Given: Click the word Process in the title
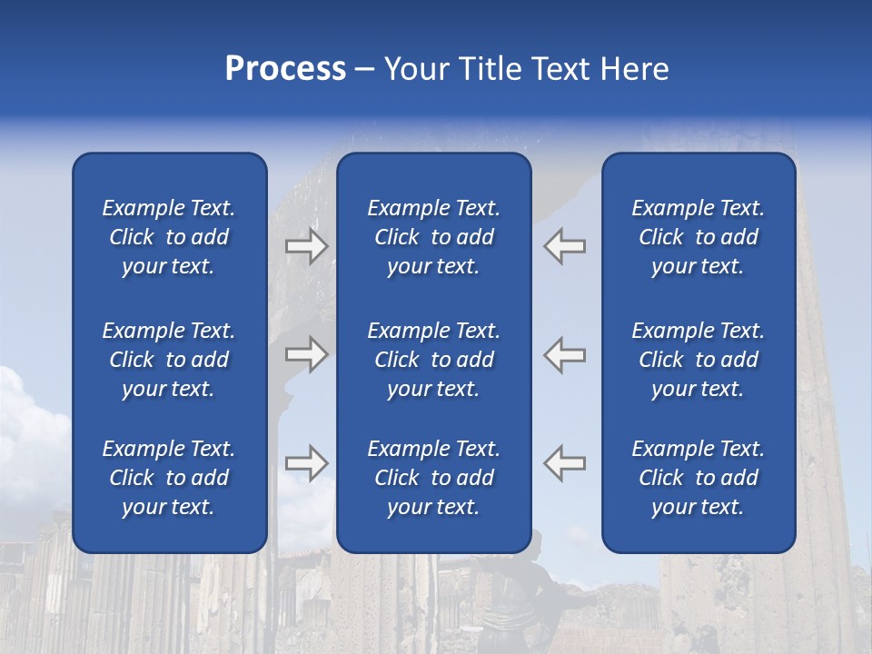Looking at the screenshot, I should (x=285, y=69).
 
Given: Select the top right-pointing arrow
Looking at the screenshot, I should (x=307, y=246).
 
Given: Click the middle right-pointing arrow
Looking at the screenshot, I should (x=307, y=354).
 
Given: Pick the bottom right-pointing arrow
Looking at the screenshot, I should (x=307, y=463).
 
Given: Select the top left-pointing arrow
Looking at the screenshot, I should (x=565, y=246).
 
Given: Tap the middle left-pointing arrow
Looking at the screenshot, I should (x=565, y=354).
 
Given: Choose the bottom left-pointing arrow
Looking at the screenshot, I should (x=565, y=463).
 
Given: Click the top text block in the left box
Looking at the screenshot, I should (x=169, y=237).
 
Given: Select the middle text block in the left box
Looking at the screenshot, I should (x=169, y=360).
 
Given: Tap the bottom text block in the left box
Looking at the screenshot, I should (x=169, y=478).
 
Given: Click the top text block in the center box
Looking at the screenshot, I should (x=433, y=237).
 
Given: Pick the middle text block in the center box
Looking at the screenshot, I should (x=433, y=360).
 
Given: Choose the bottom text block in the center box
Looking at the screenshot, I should (x=433, y=478).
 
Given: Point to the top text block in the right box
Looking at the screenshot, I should (x=698, y=237).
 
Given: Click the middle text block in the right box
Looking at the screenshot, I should (x=698, y=360).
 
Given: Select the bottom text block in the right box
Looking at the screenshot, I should (x=698, y=478).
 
